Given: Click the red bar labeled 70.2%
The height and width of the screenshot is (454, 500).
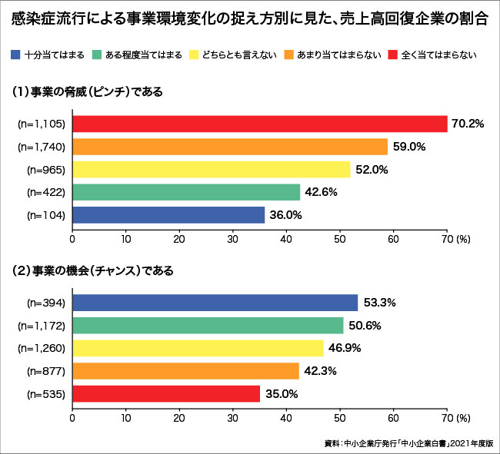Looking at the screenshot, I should coord(259,124).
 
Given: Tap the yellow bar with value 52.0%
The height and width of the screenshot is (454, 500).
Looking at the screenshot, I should coord(211,169).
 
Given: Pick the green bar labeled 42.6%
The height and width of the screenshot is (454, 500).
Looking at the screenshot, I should coord(185,192).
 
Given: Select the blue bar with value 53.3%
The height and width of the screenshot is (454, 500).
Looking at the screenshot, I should coord(215,303).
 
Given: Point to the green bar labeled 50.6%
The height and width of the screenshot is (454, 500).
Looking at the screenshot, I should coord(208,326).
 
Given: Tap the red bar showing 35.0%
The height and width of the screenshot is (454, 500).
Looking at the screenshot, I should coord(165,394).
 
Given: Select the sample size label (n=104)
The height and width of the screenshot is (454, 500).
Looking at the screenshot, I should coord(46,215).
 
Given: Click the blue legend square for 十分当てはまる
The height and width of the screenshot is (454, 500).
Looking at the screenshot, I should coord(15,55).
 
